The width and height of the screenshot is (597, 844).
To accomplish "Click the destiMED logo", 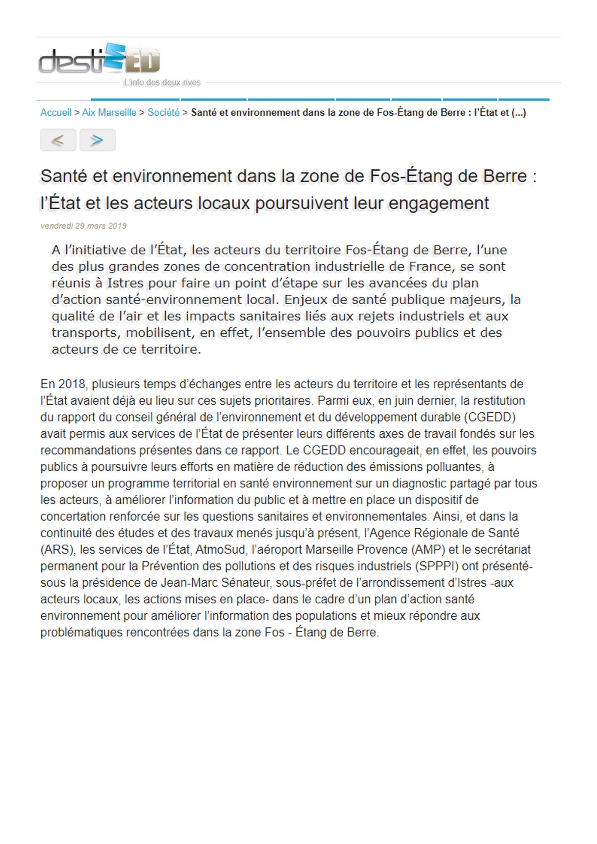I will [100, 59].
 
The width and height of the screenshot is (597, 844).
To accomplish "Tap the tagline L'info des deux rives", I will [162, 83].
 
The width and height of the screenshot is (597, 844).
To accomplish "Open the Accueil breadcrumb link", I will [56, 113].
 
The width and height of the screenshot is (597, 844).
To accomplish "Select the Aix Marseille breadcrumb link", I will [109, 113].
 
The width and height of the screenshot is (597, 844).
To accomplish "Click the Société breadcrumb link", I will [163, 113].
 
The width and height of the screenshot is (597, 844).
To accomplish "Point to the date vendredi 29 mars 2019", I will [84, 226].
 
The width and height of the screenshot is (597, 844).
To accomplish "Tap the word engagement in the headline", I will [438, 203].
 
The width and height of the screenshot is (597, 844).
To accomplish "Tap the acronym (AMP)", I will [419, 550].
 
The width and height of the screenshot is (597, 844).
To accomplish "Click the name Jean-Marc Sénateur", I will [215, 583].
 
